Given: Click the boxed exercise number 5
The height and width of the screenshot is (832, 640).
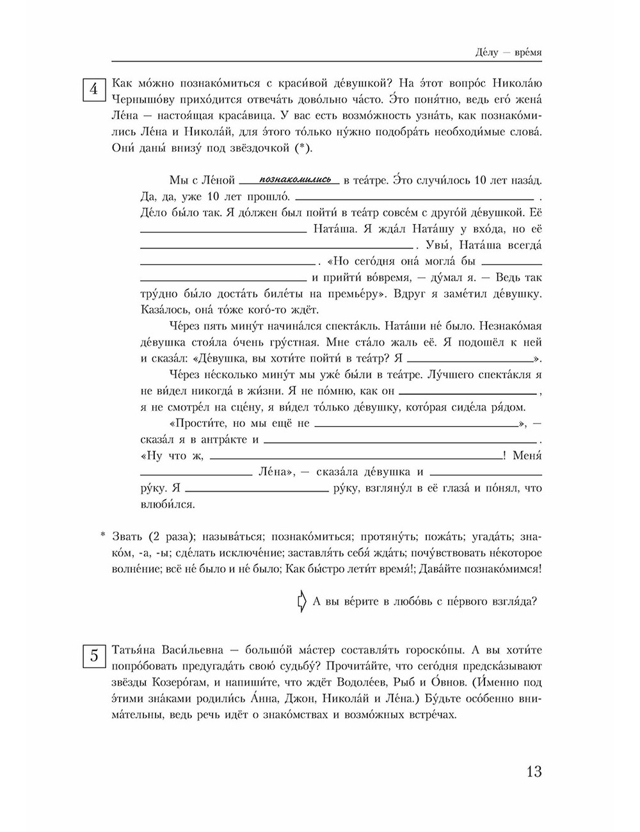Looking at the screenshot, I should coord(94,657).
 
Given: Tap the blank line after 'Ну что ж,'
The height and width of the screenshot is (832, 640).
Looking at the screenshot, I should coord(356,458).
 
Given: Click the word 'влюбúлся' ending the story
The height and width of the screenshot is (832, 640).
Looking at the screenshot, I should coord(163,504).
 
